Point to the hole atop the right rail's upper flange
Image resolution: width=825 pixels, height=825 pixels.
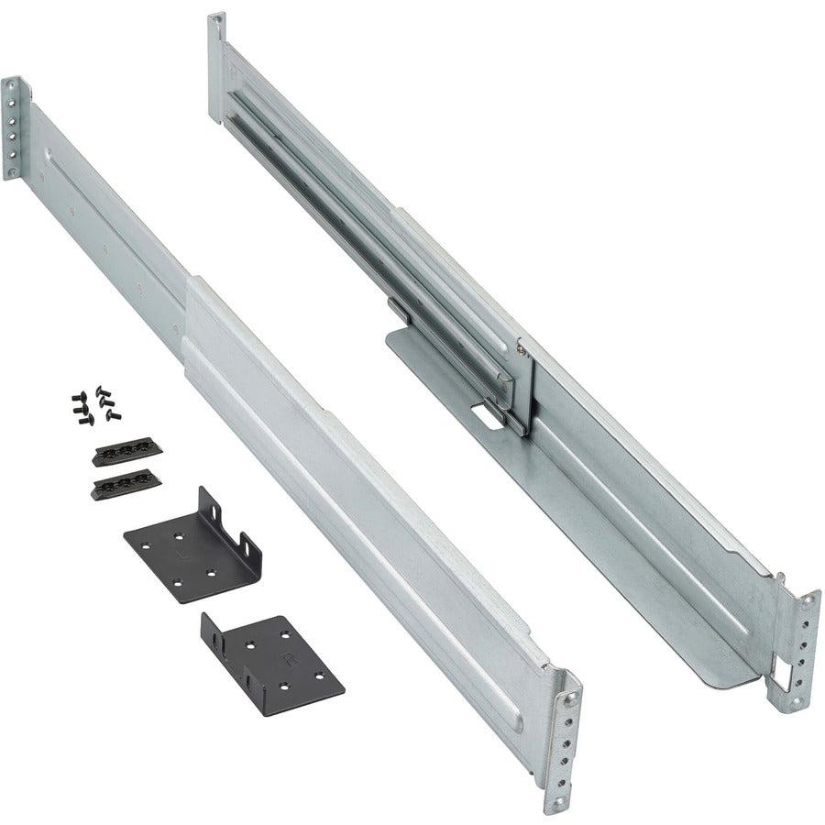[x=217, y=20]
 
